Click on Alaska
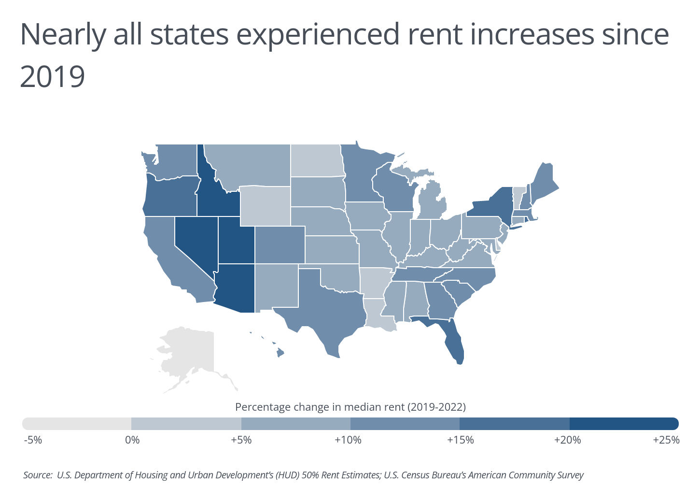point(191,353)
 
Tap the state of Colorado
point(280,244)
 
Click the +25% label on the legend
point(666,440)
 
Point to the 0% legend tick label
point(132,440)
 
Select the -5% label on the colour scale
point(33,440)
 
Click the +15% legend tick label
point(460,440)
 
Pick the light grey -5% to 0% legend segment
point(77,424)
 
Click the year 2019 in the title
point(53,76)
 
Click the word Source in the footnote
point(37,475)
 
